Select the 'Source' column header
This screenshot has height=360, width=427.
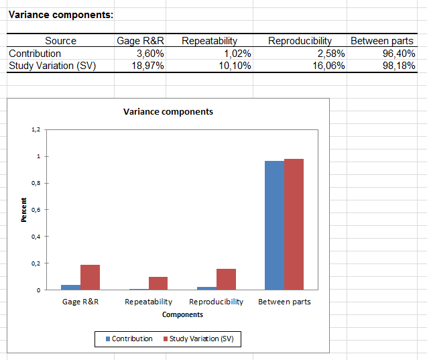point(60,41)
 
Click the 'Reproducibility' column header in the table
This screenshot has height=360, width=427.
point(300,41)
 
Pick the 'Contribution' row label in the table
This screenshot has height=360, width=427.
point(35,53)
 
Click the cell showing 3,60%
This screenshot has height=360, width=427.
point(150,53)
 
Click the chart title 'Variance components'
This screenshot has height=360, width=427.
point(168,111)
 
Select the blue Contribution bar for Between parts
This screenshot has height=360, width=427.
point(274,225)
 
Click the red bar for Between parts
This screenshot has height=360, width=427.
point(294,224)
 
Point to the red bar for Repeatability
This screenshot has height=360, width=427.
point(158,283)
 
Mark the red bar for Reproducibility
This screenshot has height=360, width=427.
point(226,279)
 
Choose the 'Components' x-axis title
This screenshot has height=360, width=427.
point(182,314)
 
